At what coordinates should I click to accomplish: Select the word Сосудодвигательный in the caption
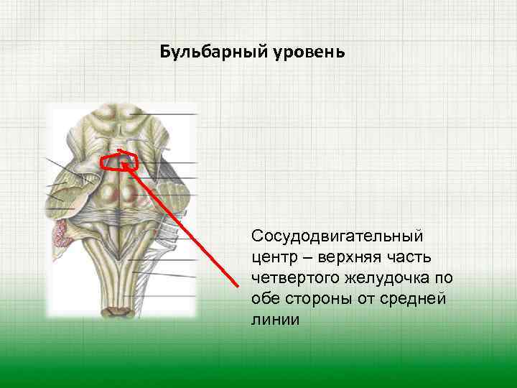pos(337,236)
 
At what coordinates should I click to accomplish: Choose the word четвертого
pos(293,277)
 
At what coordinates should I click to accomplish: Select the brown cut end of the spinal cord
pos(115,310)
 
